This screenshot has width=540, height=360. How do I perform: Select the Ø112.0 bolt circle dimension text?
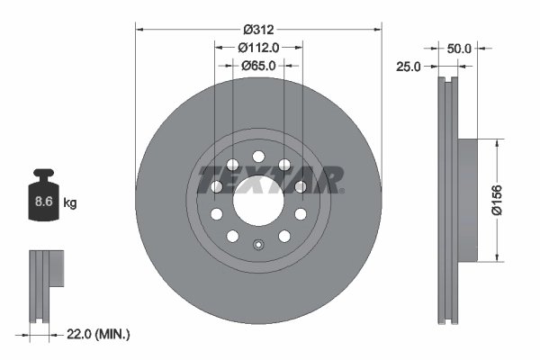258,48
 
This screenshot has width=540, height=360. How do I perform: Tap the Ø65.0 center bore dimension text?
258,65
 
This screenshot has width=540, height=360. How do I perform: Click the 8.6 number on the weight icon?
42,202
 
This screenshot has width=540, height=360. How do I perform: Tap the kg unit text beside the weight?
69,203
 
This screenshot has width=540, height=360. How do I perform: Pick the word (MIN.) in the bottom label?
113,335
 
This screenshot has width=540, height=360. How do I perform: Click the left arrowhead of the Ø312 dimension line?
140,29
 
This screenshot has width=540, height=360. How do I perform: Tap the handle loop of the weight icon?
42,175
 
